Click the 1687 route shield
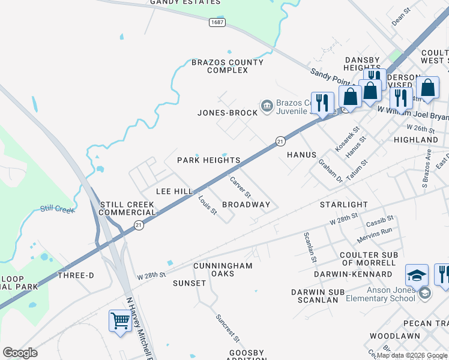[218, 22]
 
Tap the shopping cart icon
[120, 321]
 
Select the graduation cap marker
[417, 275]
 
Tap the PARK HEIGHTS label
[209, 160]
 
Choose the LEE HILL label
[174, 191]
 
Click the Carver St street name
[240, 188]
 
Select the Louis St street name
[208, 205]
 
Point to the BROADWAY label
[246, 205]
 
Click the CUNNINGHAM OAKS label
[223, 269]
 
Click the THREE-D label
[76, 275]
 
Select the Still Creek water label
[58, 209]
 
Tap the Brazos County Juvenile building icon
[267, 106]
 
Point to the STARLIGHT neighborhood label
[343, 205]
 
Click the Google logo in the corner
[20, 353]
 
